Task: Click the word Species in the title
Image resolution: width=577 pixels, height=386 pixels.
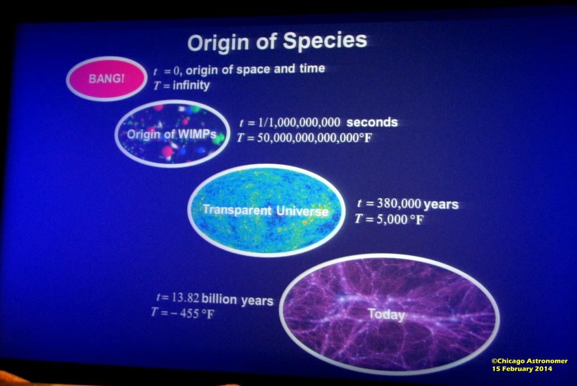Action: pyautogui.click(x=325, y=41)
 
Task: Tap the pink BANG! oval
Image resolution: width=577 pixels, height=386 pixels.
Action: pyautogui.click(x=106, y=78)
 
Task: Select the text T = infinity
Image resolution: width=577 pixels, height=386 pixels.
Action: pyautogui.click(x=181, y=85)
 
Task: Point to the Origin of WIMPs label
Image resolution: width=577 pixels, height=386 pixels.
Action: pyautogui.click(x=171, y=134)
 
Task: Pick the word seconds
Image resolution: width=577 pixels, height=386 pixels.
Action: pyautogui.click(x=372, y=122)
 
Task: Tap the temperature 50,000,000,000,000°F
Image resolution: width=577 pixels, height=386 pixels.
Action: pyautogui.click(x=314, y=138)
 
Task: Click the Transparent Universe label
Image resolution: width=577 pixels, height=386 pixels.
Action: pyautogui.click(x=265, y=210)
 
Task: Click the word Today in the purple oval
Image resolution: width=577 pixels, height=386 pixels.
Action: pyautogui.click(x=387, y=314)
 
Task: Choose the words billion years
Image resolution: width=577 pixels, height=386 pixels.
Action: pyautogui.click(x=237, y=300)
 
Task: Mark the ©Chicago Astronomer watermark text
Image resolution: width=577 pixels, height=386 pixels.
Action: pyautogui.click(x=530, y=361)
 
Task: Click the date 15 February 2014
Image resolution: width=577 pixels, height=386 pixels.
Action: pyautogui.click(x=522, y=369)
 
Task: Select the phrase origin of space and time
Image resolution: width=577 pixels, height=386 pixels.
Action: pyautogui.click(x=255, y=69)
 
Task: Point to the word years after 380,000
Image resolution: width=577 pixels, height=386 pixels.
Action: pyautogui.click(x=441, y=205)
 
